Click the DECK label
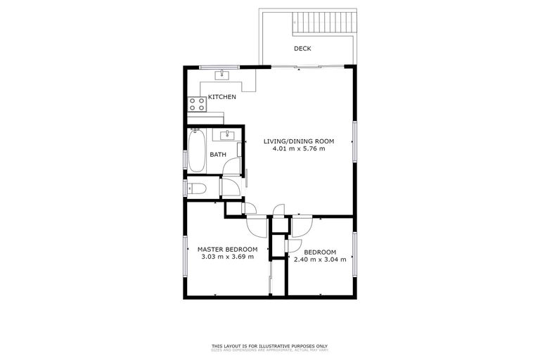tap(302, 49)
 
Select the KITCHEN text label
tap(221, 97)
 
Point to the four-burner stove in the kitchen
tap(198, 105)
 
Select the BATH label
tap(218, 154)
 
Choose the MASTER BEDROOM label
tap(227, 249)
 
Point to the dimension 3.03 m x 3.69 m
tap(227, 257)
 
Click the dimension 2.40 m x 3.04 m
tap(320, 260)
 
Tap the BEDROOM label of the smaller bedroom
tap(320, 252)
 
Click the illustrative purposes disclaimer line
tap(270, 345)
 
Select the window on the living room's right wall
tap(355, 144)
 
